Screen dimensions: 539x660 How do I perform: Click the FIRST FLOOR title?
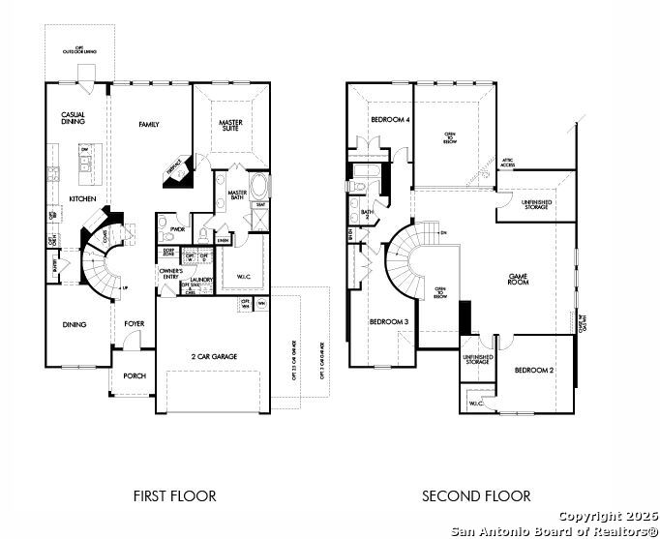174,496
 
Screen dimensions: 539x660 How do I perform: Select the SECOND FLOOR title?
475,496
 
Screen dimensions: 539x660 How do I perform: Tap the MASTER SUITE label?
230,126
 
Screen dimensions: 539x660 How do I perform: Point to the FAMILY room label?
149,124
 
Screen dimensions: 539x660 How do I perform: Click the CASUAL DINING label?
74,118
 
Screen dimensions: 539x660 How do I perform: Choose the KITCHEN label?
81,199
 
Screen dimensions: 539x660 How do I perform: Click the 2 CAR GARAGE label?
213,356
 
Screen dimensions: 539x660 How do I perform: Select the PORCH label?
134,377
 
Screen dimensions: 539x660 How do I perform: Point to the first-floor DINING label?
75,325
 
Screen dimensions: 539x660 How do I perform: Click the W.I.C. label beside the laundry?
244,277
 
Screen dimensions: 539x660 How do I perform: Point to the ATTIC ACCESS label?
508,163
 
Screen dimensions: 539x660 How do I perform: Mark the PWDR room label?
177,229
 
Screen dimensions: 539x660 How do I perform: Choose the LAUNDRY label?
200,279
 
